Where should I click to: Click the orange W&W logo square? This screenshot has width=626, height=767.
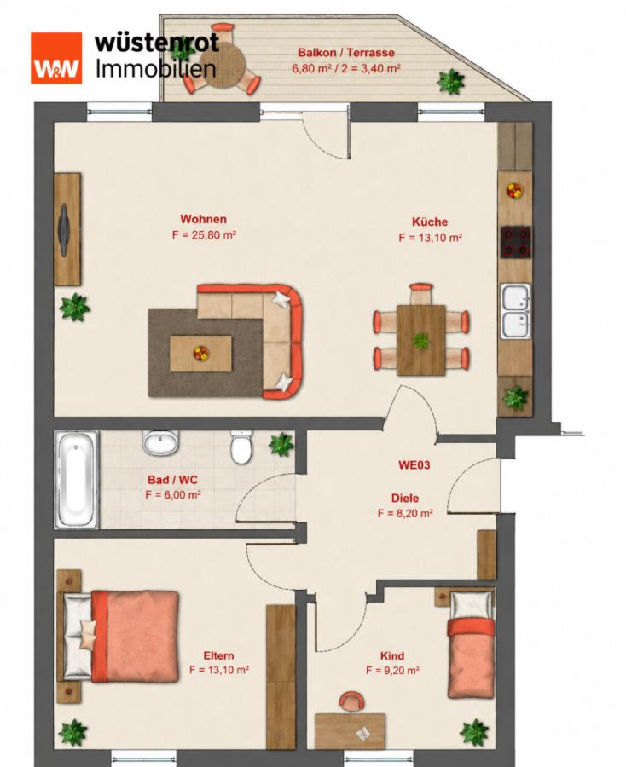(55, 58)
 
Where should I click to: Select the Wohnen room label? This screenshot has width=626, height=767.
(203, 219)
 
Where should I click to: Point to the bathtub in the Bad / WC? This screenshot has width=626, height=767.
(77, 479)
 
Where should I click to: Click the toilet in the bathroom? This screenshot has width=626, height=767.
(241, 447)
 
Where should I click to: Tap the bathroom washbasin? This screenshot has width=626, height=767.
(160, 442)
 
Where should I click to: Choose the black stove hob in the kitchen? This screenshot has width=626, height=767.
(515, 242)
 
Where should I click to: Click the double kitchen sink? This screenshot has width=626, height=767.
(516, 311)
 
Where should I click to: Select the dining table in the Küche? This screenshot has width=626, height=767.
(420, 340)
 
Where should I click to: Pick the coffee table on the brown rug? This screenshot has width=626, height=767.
(200, 353)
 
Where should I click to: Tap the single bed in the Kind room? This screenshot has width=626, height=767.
(471, 645)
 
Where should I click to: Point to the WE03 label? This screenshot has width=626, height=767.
(414, 464)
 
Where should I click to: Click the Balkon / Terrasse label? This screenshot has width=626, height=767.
(346, 52)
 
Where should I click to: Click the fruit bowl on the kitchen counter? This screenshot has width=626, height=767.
(514, 190)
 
